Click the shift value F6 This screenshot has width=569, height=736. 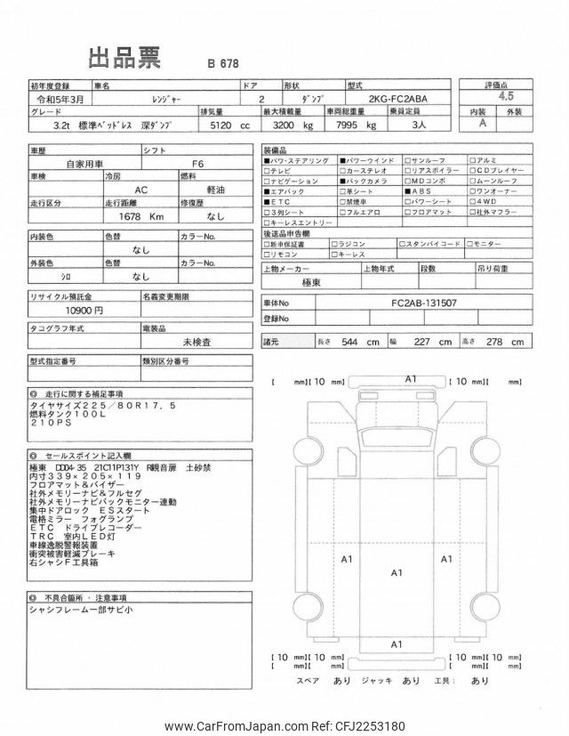tap(198, 165)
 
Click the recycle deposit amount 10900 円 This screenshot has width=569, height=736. tap(85, 310)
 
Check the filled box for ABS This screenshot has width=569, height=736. tap(407, 190)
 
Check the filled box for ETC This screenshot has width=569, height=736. tap(267, 201)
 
